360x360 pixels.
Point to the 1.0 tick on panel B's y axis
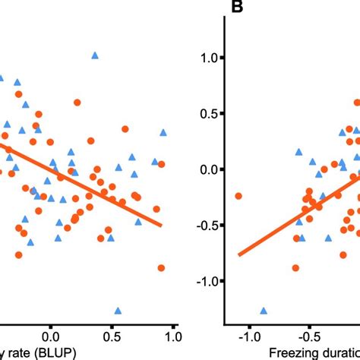click(207, 58)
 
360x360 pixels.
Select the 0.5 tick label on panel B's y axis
click(207, 113)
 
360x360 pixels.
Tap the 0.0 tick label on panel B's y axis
click(207, 169)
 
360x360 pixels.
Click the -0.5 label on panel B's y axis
click(205, 225)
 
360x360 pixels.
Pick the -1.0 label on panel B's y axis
click(205, 281)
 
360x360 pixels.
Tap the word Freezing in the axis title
click(297, 352)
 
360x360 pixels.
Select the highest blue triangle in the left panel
click(95, 55)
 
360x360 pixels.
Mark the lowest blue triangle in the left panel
click(118, 311)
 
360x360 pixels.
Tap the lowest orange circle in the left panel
click(161, 267)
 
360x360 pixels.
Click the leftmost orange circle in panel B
click(238, 196)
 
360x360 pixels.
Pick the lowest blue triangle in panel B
click(264, 311)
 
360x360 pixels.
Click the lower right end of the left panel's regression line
click(162, 225)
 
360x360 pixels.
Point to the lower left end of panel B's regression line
click(238, 255)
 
